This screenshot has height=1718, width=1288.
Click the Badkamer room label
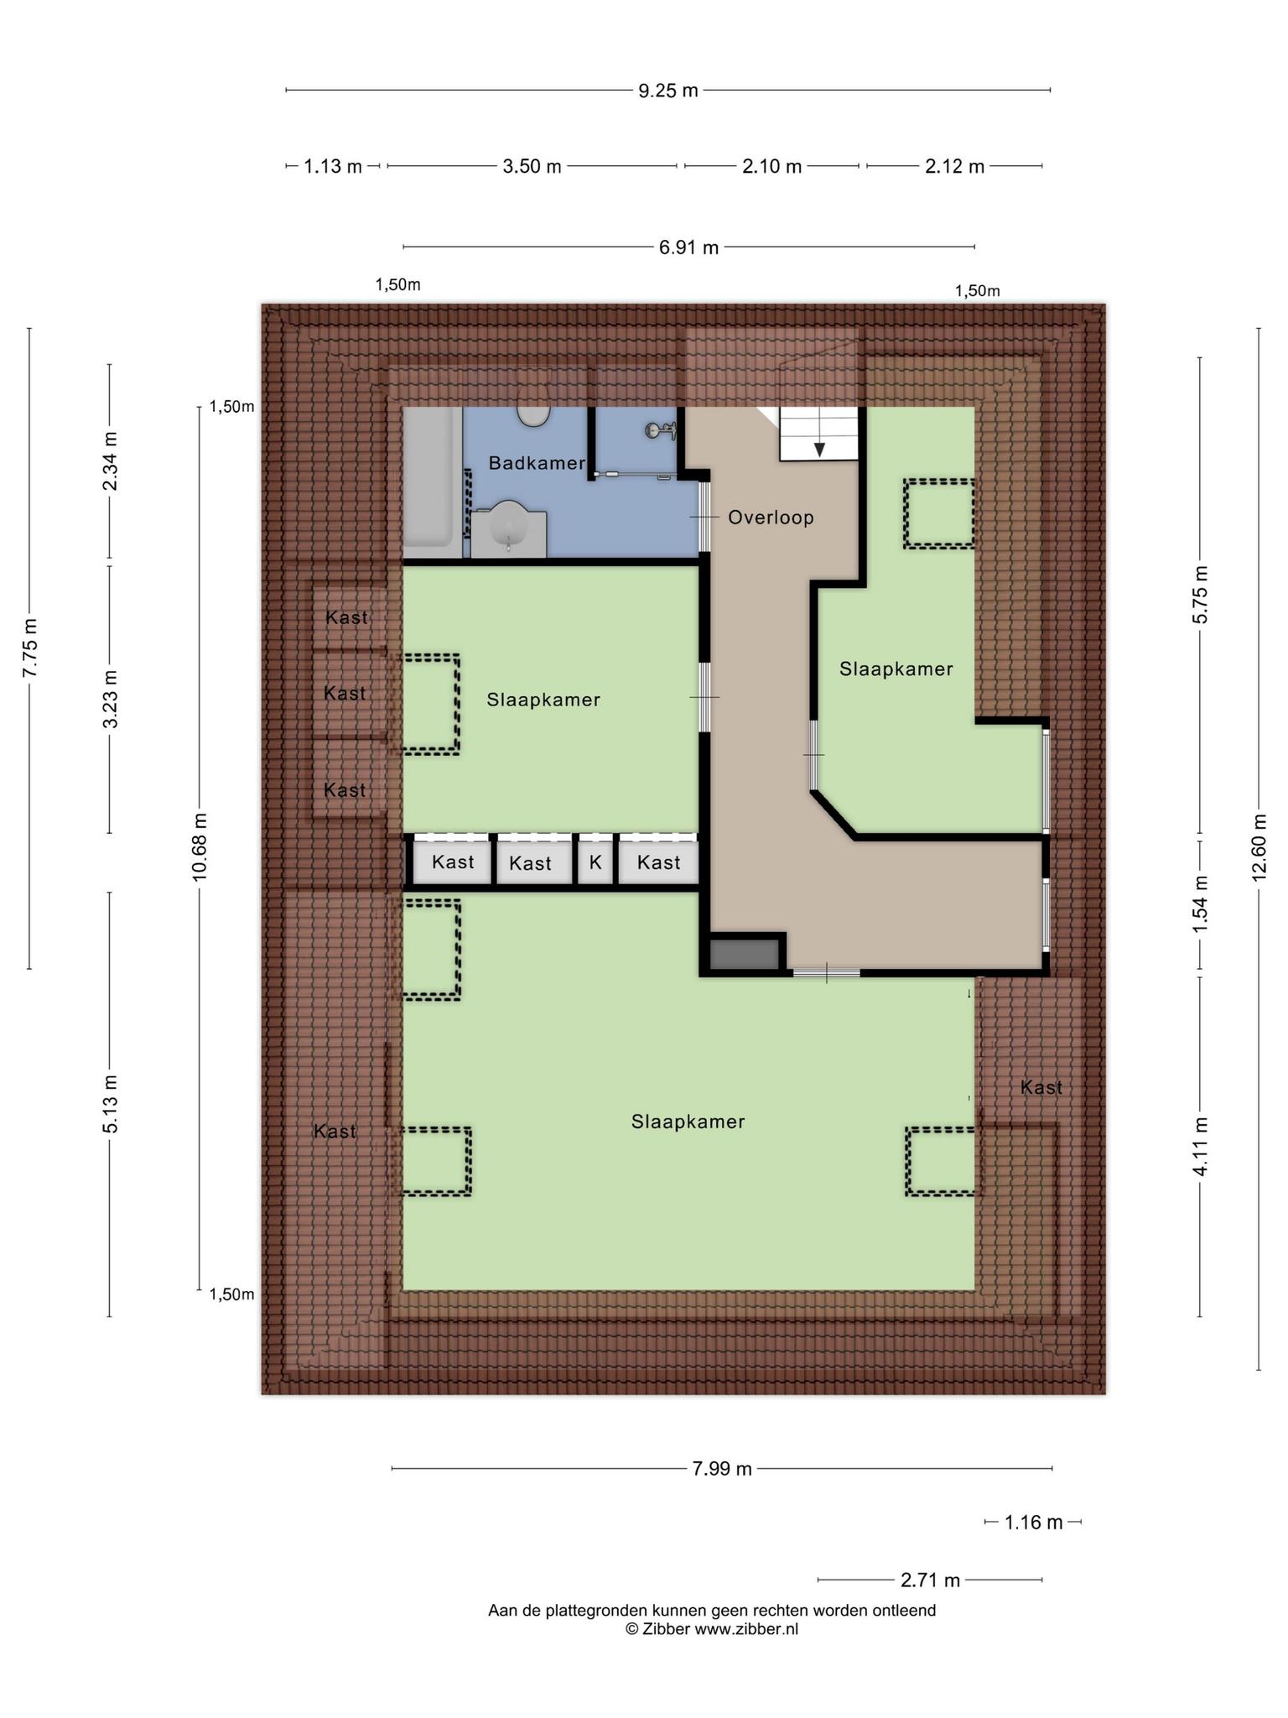537,463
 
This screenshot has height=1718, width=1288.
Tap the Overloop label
771,518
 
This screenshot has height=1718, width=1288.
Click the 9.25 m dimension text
668,91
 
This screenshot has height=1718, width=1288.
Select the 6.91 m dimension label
688,247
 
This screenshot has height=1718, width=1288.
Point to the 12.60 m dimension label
1259,847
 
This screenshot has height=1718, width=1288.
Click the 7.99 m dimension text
722,1469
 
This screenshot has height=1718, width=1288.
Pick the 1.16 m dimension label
1034,1523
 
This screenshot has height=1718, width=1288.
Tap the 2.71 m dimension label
930,1580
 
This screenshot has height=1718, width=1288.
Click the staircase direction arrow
819,450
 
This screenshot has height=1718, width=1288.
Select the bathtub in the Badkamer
432,482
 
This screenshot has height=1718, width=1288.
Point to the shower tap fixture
661,431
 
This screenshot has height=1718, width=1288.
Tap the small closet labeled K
595,862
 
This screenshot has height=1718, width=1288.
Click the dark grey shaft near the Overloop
743,955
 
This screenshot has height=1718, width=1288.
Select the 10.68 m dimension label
200,847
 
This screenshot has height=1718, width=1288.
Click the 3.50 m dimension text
532,167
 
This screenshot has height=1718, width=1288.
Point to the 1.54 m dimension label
1200,903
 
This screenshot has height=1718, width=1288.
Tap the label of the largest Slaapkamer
688,1122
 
